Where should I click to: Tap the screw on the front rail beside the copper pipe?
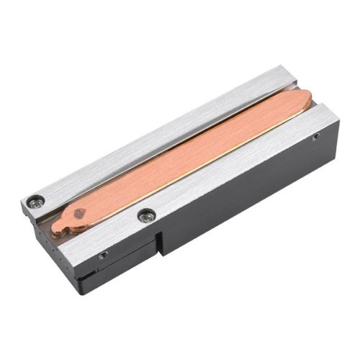(x=146, y=214)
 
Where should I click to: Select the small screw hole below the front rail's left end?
(x=104, y=255)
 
